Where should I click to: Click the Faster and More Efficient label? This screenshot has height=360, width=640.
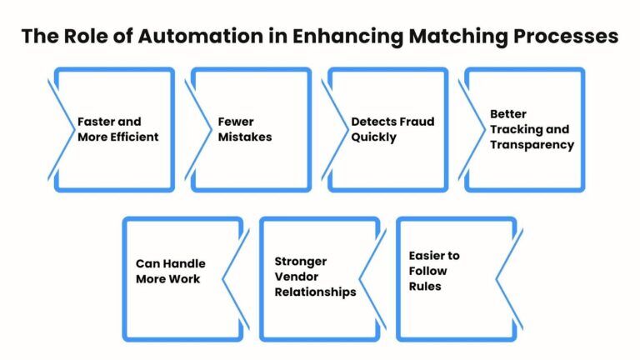point(117,129)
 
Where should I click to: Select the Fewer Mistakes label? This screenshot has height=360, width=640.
point(244,129)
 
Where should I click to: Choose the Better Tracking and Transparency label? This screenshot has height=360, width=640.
point(531,129)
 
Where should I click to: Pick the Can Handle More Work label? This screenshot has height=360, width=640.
point(170,271)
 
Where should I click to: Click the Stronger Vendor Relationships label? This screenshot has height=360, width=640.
point(315,277)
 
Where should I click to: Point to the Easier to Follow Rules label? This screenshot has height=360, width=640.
point(433,271)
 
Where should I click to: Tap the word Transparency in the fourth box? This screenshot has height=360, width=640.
point(532,144)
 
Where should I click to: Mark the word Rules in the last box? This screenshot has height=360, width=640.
point(425,286)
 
